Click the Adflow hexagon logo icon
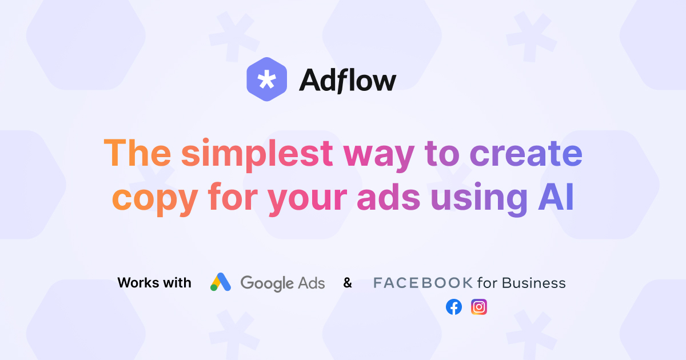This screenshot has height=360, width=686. point(267,79)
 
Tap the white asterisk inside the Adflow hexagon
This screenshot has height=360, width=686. point(267,79)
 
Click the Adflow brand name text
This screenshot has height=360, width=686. point(348,80)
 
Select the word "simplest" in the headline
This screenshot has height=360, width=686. point(257,155)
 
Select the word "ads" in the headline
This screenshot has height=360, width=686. point(389,197)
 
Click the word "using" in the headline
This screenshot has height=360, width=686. point(479,199)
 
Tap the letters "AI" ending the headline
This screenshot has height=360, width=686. point(556,197)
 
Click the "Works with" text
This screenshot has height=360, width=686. point(154,282)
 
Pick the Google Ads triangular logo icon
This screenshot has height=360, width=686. point(221,282)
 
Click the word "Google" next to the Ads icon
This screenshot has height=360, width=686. point(267,283)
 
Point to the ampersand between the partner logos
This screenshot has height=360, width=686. point(348,282)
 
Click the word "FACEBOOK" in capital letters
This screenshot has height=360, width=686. point(423,283)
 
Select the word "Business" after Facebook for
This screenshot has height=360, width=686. point(534,283)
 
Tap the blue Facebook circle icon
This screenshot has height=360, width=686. point(454,307)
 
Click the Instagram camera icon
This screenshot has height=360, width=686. point(479,307)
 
